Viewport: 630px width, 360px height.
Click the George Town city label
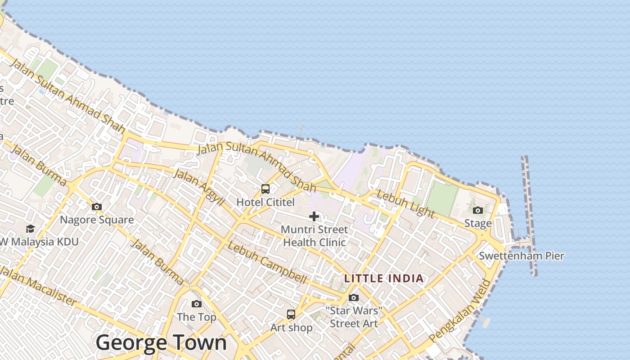coord(161,343)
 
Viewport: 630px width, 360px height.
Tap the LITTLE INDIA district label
coord(384,279)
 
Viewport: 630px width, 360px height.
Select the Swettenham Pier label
coord(521,256)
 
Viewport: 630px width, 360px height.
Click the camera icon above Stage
coord(478,210)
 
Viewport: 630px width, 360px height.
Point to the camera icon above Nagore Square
coord(97,207)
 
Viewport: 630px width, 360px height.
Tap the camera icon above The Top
coord(197,304)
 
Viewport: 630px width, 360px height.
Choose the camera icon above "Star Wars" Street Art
coord(354,297)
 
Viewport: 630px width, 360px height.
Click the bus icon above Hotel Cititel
coord(265,189)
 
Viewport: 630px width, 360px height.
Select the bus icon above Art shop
coord(291,315)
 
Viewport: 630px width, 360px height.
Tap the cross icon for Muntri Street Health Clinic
coord(314,216)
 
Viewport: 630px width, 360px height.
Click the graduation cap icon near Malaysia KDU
coord(30,229)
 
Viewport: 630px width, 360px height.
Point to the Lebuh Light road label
coord(405,204)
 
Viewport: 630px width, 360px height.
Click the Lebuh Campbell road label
coord(267,263)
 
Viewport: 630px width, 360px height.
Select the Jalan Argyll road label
coord(198,188)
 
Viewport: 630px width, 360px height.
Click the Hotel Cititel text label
coord(265,202)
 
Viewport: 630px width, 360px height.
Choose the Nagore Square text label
coord(97,220)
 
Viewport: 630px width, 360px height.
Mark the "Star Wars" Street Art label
coord(354,317)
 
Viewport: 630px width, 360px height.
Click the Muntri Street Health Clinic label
coord(314,236)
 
